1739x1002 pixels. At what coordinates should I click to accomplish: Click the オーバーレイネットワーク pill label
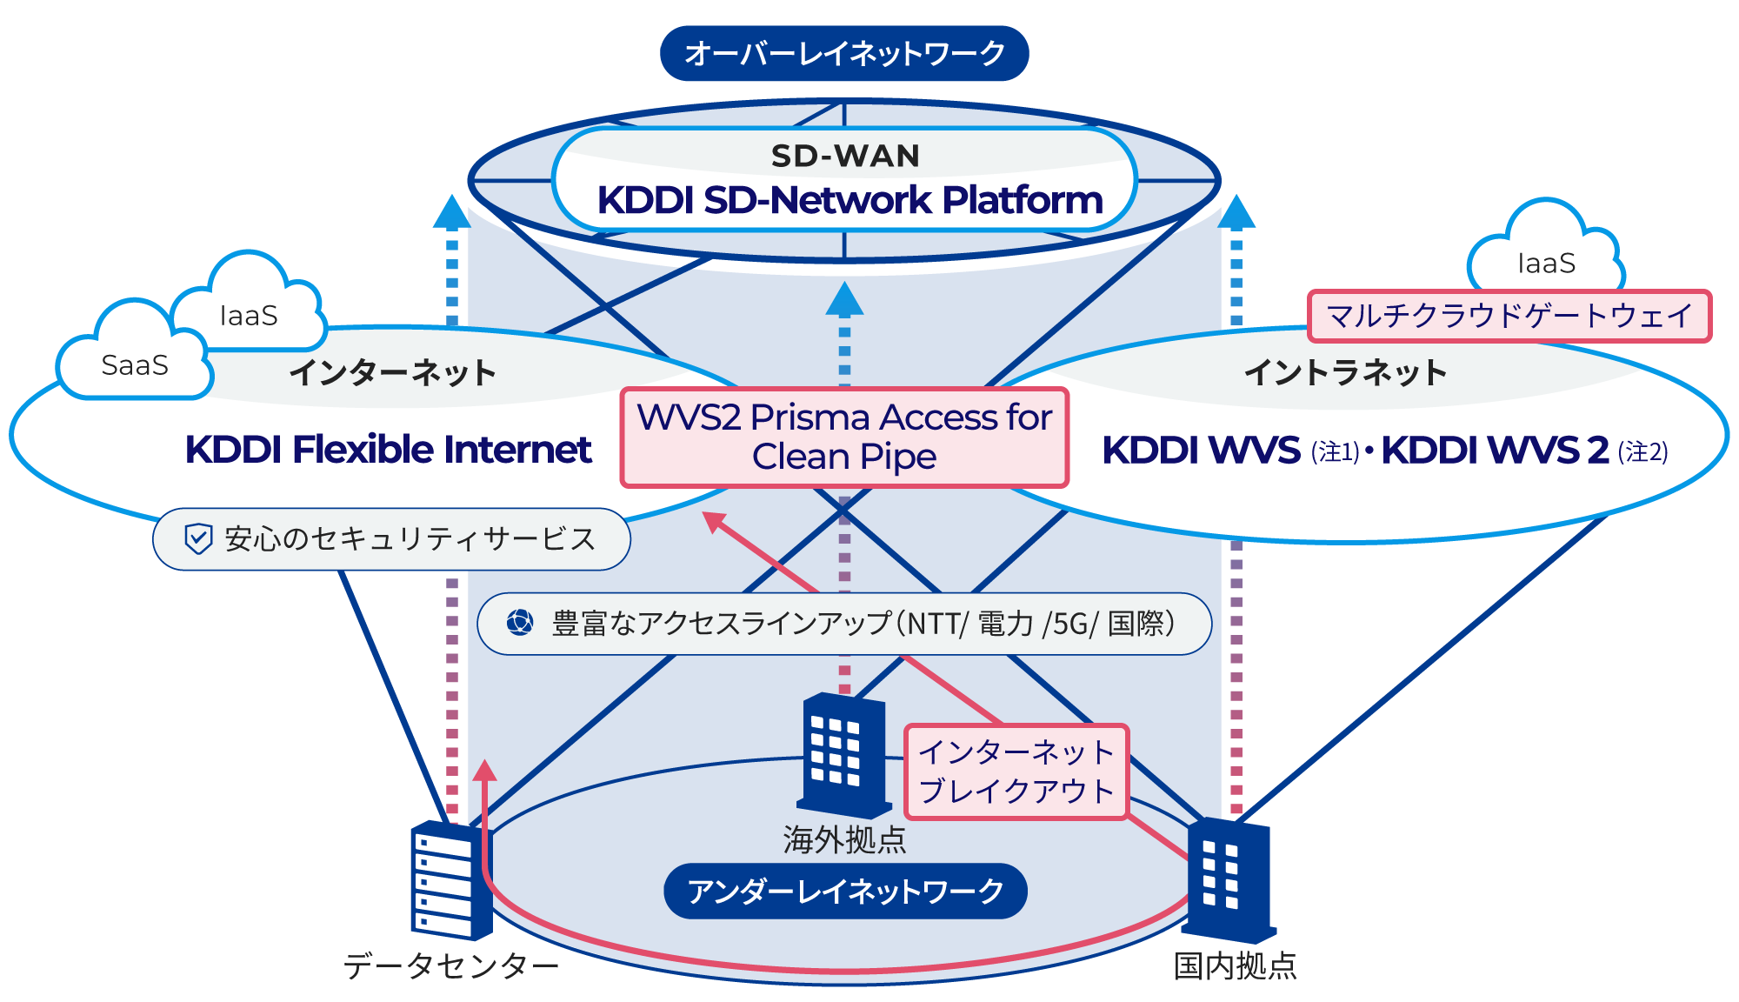[x=843, y=54]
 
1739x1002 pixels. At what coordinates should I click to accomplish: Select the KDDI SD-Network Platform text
[x=850, y=200]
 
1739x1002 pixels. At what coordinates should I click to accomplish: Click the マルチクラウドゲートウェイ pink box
[x=1509, y=316]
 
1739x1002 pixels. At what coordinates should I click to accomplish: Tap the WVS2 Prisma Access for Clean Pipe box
[x=843, y=438]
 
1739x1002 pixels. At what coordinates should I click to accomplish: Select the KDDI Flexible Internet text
[x=388, y=450]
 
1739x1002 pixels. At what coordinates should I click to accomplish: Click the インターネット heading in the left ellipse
[x=392, y=372]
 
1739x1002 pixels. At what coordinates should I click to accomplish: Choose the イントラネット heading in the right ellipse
[x=1345, y=372]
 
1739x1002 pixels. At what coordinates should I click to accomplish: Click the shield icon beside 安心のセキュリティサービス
[x=198, y=538]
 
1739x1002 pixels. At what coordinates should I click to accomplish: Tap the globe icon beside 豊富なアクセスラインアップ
[x=520, y=622]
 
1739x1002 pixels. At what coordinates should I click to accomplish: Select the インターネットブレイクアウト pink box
[x=1016, y=772]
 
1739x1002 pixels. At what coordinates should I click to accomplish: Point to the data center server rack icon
[x=450, y=878]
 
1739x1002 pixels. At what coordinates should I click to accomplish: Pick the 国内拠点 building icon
[x=1229, y=880]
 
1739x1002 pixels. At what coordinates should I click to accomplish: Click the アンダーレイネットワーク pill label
[x=844, y=891]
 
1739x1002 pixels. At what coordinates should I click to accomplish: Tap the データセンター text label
[x=450, y=965]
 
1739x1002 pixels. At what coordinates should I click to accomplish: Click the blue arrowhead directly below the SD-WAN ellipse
[x=844, y=299]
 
